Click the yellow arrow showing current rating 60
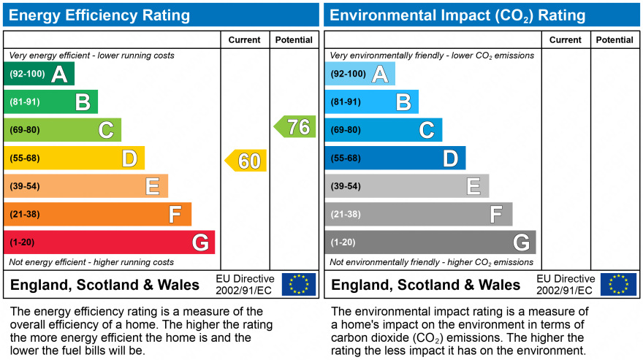coord(246,161)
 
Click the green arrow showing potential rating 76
coord(296,127)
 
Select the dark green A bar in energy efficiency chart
coord(39,74)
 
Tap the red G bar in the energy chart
coord(109,242)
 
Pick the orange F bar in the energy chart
coord(97,215)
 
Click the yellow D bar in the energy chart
coord(74,158)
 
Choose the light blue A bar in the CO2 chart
coord(359,74)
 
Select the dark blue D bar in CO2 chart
coord(395,158)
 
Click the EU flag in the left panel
coord(299,284)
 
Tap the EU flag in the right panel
coord(618,284)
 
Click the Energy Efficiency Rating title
coord(100,15)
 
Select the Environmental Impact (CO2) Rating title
coord(457,15)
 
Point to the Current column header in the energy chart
coord(245,40)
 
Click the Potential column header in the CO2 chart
coord(615,40)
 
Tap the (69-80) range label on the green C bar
coord(25,130)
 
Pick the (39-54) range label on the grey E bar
coord(346,186)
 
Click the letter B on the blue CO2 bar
coord(403,102)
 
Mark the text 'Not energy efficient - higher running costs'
coord(91,262)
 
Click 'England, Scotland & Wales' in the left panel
coord(104,285)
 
